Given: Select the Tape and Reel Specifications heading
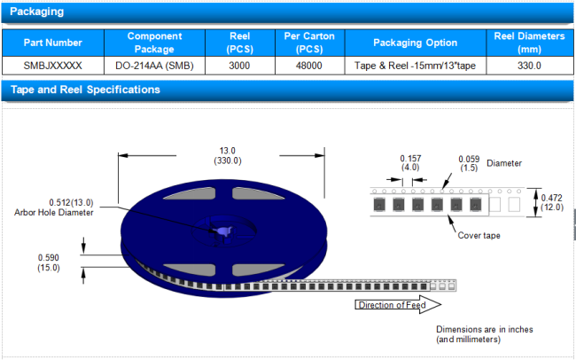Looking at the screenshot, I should pyautogui.click(x=84, y=90).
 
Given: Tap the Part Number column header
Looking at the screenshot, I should pyautogui.click(x=53, y=43).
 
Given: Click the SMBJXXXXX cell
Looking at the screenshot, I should pyautogui.click(x=53, y=66).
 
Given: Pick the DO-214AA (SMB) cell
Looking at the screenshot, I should pyautogui.click(x=154, y=66).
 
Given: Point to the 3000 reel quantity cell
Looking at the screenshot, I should pyautogui.click(x=239, y=66).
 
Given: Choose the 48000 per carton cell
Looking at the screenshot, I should pyautogui.click(x=308, y=66).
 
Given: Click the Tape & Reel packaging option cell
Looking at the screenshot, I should pyautogui.click(x=415, y=66).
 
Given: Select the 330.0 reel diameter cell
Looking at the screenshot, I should pyautogui.click(x=529, y=66).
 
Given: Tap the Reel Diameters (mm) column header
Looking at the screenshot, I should pyautogui.click(x=529, y=43).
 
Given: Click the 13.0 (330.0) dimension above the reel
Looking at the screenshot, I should pyautogui.click(x=228, y=155).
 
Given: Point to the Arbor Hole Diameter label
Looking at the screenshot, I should pyautogui.click(x=54, y=212).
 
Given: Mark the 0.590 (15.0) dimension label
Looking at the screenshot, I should pyautogui.click(x=48, y=262).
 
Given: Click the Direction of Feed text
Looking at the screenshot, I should pyautogui.click(x=391, y=306).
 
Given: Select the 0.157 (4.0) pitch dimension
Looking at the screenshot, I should pyautogui.click(x=409, y=163).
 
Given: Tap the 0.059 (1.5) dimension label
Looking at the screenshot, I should pyautogui.click(x=469, y=163).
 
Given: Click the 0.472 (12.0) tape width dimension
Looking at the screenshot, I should pyautogui.click(x=551, y=203).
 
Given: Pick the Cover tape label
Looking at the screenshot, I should pyautogui.click(x=481, y=235).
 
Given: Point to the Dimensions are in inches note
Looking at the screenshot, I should pyautogui.click(x=484, y=334).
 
